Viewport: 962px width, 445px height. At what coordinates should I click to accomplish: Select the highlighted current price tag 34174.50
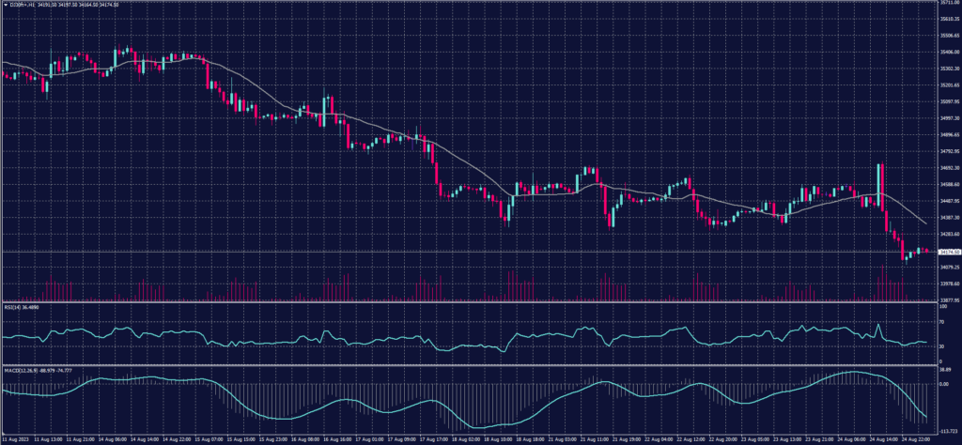(x=947, y=252)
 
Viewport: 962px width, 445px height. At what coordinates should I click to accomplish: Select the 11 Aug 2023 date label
(x=18, y=438)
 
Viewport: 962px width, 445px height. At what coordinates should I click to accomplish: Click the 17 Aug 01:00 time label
(x=369, y=438)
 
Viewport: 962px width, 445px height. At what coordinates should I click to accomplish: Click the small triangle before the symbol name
(x=5, y=5)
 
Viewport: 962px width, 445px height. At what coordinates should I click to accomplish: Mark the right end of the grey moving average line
(x=928, y=223)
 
